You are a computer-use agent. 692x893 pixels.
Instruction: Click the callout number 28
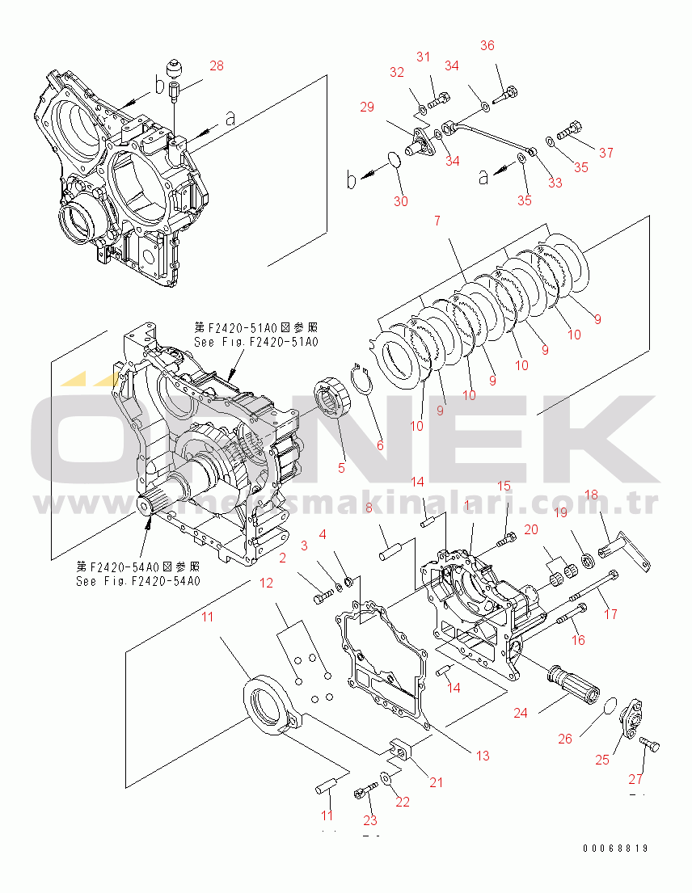(x=216, y=65)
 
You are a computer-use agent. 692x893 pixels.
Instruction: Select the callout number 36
(x=487, y=45)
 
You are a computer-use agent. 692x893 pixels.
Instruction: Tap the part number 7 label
(x=437, y=221)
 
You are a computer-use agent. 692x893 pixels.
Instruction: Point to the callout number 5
(x=341, y=466)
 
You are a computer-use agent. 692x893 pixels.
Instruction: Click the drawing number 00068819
(x=615, y=849)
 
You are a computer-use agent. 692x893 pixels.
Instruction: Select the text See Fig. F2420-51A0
(x=256, y=342)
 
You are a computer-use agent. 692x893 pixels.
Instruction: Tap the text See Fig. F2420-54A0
(x=137, y=580)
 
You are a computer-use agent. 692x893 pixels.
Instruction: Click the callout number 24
(x=521, y=713)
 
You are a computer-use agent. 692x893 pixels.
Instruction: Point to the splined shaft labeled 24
(x=572, y=683)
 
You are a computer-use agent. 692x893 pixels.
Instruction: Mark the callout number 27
(x=637, y=780)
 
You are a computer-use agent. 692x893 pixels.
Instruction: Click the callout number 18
(x=591, y=495)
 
